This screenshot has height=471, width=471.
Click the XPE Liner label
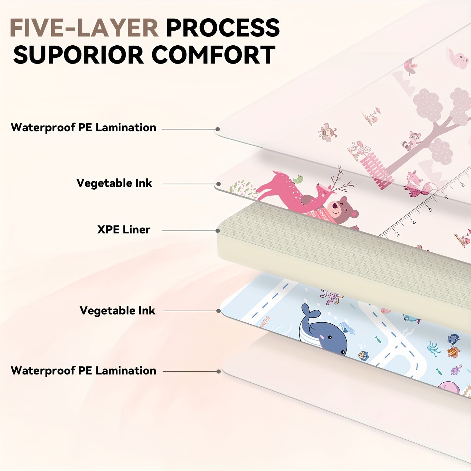tap(124, 229)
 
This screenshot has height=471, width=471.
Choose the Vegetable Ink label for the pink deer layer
tap(114, 183)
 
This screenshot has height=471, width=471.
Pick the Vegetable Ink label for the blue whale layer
tap(117, 311)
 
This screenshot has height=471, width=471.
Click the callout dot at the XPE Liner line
tap(217, 230)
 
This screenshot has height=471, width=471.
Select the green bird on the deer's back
tap(298, 179)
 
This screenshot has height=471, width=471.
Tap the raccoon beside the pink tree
tap(412, 140)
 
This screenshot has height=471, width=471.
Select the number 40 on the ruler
tap(430, 210)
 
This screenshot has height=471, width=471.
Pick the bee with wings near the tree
tap(327, 132)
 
